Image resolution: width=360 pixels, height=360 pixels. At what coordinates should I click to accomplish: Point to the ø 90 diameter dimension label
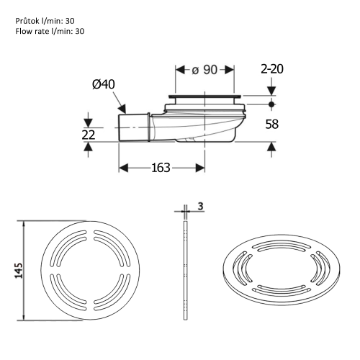pyautogui.click(x=205, y=71)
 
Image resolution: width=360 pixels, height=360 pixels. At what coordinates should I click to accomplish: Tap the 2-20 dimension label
pyautogui.click(x=272, y=70)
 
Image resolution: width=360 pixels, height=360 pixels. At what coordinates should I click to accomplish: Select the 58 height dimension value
pyautogui.click(x=272, y=124)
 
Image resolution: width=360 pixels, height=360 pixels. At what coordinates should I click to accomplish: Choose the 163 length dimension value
pyautogui.click(x=161, y=168)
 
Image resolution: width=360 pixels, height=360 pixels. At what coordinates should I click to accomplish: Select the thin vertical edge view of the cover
pyautogui.click(x=186, y=270)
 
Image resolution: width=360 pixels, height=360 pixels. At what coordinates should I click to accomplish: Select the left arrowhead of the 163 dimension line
pyautogui.click(x=123, y=168)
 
